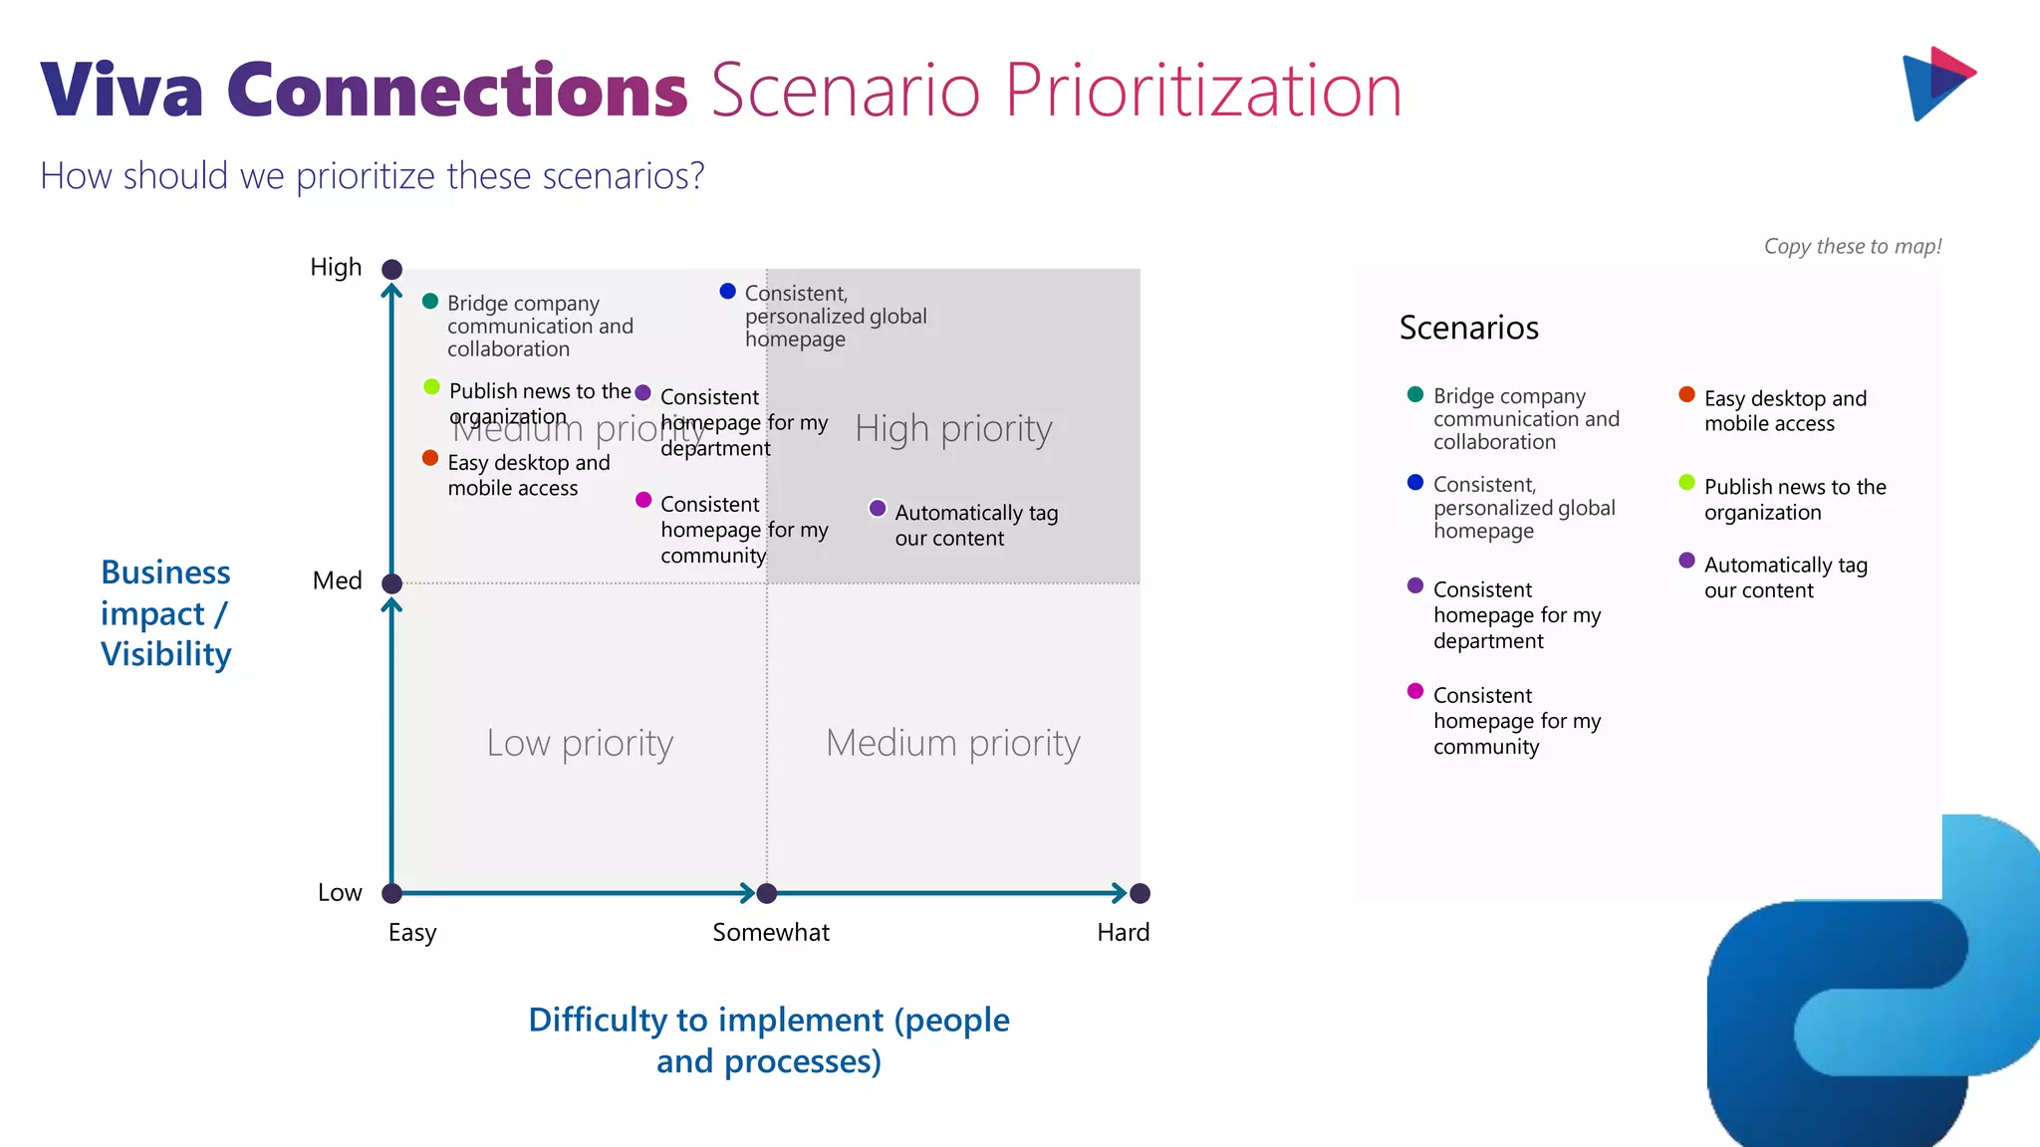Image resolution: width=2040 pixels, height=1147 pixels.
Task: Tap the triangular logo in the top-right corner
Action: point(1936,84)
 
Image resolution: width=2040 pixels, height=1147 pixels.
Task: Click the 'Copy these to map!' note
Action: point(1852,246)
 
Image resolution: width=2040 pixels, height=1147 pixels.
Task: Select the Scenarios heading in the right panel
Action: point(1468,328)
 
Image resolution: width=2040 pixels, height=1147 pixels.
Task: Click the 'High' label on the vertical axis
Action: point(336,267)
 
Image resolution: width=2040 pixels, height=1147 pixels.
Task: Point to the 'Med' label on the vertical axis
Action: point(337,580)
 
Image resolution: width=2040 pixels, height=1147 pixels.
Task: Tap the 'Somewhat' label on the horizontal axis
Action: point(770,932)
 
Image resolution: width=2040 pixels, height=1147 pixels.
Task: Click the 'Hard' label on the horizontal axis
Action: point(1123,932)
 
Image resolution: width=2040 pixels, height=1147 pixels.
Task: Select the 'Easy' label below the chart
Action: point(412,932)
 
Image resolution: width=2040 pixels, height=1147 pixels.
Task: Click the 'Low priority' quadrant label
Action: point(580,743)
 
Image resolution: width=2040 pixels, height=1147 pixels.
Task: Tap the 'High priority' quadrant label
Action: point(952,428)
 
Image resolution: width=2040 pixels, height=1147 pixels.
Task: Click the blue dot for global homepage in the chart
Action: point(727,291)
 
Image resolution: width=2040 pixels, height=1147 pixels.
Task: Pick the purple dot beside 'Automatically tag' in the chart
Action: point(878,508)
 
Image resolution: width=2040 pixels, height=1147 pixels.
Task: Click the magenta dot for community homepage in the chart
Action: point(643,500)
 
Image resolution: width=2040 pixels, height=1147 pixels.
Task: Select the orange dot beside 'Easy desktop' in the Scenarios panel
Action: point(1686,394)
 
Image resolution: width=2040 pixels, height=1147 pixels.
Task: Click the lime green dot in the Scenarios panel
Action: point(1686,483)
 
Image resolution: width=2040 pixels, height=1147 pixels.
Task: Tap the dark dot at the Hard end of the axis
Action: point(1141,893)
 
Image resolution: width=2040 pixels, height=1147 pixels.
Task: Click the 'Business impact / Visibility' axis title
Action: point(165,613)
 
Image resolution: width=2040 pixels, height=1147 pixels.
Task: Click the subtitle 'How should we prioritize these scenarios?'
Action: point(372,176)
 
